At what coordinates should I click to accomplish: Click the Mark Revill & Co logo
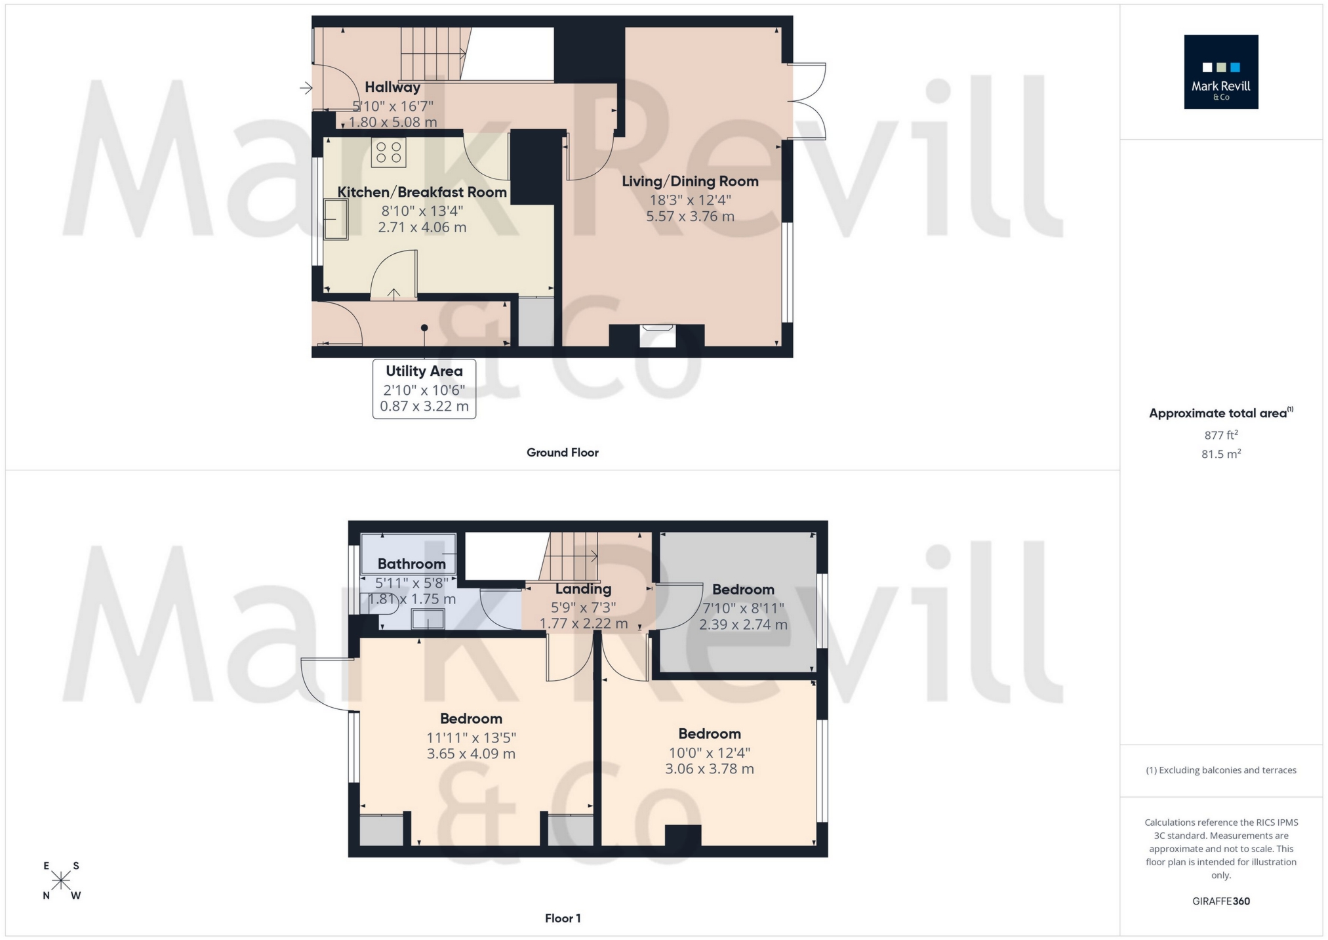[1220, 72]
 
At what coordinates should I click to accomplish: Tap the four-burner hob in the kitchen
[388, 152]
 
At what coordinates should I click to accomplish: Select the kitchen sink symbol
[336, 220]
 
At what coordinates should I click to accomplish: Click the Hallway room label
[392, 87]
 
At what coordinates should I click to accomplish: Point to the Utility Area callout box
[424, 388]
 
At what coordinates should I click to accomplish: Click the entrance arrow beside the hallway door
[306, 87]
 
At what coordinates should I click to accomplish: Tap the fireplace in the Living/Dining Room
[657, 335]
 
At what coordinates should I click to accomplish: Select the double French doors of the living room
[807, 102]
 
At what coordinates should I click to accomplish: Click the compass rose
[61, 880]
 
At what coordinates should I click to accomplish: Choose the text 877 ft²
[1220, 435]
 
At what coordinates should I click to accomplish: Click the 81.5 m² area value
[1220, 454]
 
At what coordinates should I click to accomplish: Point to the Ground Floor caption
[562, 453]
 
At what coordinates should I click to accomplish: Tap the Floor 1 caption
[562, 918]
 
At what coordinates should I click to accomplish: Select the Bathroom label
[411, 563]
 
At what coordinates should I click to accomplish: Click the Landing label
[583, 589]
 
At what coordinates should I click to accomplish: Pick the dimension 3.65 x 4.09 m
[471, 754]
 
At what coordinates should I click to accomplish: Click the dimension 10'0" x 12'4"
[709, 753]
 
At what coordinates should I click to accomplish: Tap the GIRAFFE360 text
[1220, 901]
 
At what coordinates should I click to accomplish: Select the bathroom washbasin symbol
[428, 619]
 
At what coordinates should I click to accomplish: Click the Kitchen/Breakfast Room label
[422, 192]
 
